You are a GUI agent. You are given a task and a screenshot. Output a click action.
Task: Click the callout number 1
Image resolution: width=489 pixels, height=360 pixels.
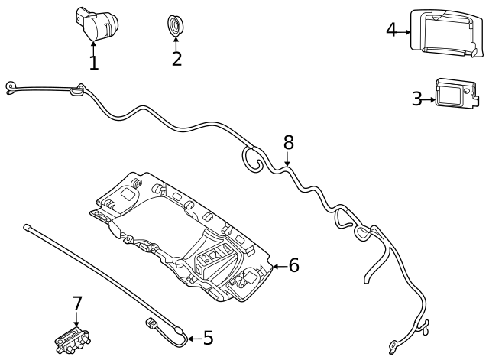click(93, 63)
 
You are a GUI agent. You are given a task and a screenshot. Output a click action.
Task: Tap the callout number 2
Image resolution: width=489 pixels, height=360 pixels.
click(176, 58)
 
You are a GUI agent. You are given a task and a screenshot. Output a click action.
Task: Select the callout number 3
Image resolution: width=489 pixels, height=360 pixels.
click(416, 99)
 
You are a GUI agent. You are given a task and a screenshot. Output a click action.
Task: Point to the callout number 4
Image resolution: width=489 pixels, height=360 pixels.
click(391, 30)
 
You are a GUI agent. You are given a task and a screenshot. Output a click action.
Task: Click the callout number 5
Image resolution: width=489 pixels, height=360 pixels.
click(208, 338)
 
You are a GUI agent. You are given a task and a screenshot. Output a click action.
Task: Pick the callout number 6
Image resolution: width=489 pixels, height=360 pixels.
click(293, 266)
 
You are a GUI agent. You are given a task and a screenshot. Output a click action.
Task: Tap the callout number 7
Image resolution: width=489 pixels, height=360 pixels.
click(76, 304)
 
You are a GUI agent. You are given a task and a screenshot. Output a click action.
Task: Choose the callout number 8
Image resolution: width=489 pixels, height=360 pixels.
click(288, 142)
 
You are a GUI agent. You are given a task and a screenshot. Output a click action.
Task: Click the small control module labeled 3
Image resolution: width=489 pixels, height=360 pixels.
click(457, 96)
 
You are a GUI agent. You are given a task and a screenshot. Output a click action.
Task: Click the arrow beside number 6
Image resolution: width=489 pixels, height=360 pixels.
click(278, 266)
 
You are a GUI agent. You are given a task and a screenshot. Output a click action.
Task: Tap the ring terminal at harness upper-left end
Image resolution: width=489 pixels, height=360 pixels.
click(10, 86)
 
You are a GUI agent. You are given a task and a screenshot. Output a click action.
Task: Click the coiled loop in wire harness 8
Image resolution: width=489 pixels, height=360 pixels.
click(252, 158)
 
